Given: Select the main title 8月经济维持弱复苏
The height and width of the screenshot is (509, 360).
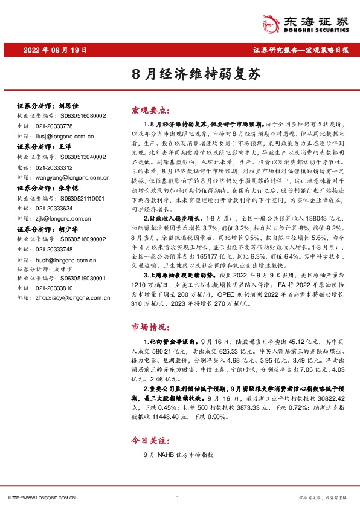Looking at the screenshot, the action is click(x=179, y=75).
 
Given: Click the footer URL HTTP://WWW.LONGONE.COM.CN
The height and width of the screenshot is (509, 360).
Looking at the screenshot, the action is click(x=40, y=498).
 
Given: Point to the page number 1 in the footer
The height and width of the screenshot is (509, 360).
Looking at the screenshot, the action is click(x=178, y=498).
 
